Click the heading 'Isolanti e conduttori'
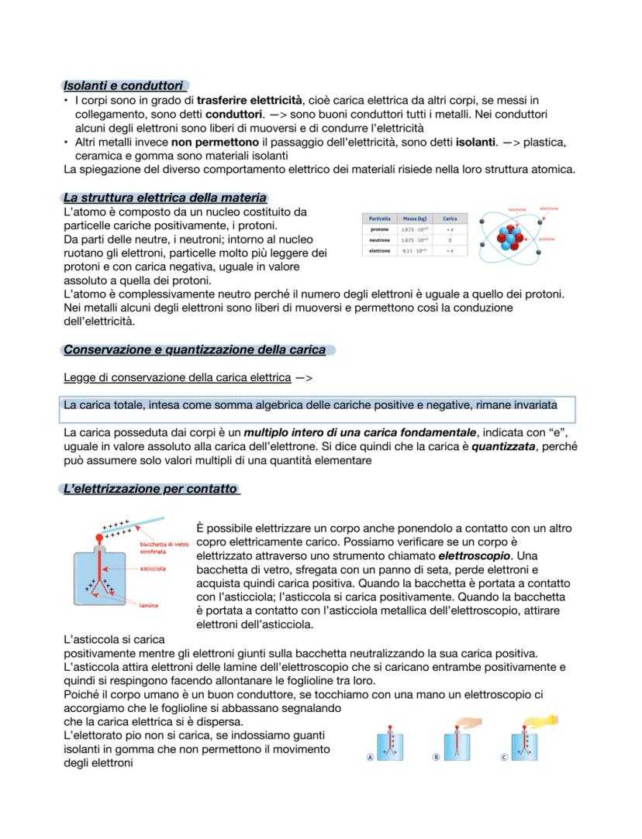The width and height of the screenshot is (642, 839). (123, 85)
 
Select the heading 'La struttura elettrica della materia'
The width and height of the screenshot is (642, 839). (165, 198)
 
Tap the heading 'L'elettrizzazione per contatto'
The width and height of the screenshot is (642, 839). (150, 489)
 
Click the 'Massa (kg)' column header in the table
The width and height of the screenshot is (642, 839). (410, 218)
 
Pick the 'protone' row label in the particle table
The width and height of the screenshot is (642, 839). (379, 230)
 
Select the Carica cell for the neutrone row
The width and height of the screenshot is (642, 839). (450, 240)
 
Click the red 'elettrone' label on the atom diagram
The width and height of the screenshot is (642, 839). (549, 208)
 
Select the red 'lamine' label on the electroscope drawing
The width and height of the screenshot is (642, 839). (149, 605)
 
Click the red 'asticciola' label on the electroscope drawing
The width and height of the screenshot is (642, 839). (153, 569)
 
